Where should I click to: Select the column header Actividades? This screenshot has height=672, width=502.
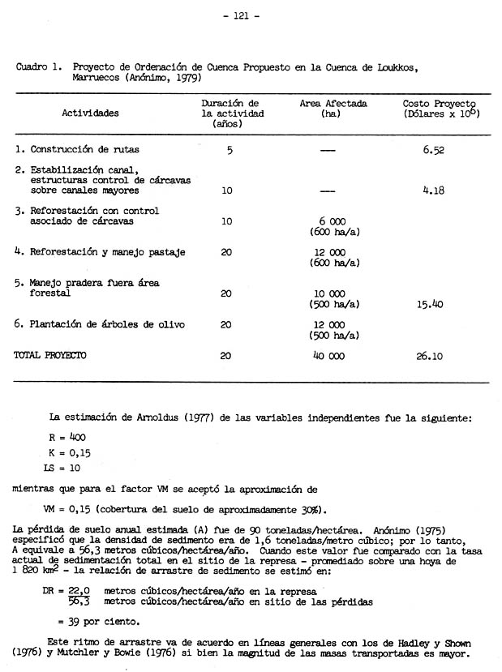[90, 113]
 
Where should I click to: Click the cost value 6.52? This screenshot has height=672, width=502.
[433, 150]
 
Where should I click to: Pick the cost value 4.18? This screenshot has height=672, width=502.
[435, 191]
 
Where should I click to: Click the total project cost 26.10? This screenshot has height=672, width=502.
[434, 355]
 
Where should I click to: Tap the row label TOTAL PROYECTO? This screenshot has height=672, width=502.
[49, 355]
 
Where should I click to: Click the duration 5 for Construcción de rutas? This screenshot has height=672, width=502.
[230, 150]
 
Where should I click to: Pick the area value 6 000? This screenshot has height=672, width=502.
[333, 221]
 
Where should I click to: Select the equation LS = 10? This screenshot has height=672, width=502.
[62, 469]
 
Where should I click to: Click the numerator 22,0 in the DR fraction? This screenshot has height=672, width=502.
[78, 592]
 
